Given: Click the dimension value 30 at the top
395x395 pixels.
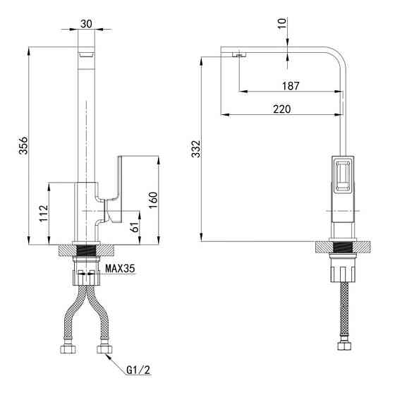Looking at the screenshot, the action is pos(86,24).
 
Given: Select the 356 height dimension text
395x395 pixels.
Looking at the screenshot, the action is pos(24,145).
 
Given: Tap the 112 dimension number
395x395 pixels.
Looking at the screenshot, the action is pos(44,213).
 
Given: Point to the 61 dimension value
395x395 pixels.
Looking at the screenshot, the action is pos(135,226).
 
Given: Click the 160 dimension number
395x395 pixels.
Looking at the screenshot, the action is pos(152,200).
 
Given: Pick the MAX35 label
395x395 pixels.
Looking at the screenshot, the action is pos(120,269).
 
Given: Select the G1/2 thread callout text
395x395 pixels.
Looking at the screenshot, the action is pos(138,370).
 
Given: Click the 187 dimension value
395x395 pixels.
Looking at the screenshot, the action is pos(291,86).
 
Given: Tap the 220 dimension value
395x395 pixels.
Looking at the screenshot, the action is pos(282,109).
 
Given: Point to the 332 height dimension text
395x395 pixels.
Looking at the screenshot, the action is pos(196,149).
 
